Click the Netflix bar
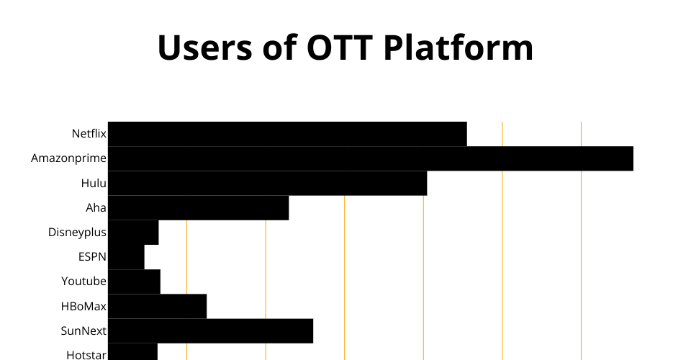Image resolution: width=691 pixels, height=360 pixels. click(x=287, y=134)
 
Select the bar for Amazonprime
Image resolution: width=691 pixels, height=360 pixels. click(x=371, y=158)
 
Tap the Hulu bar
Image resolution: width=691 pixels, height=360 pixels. click(x=268, y=184)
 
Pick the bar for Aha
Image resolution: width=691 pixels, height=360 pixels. click(x=199, y=208)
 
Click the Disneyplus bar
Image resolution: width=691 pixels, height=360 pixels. click(x=133, y=233)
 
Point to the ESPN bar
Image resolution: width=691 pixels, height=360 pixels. click(x=126, y=257)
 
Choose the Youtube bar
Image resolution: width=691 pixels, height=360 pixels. click(x=134, y=282)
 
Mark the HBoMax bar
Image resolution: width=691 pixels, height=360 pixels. click(x=158, y=307)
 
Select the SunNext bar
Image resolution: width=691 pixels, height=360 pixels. click(x=211, y=331)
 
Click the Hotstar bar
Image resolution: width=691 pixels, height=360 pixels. click(x=132, y=352)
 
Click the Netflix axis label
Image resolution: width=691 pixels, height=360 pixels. click(x=89, y=133)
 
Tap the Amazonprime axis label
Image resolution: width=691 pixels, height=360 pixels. click(x=69, y=158)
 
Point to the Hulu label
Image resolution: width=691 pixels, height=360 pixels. click(x=94, y=183)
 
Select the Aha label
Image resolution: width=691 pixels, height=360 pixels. click(x=96, y=207)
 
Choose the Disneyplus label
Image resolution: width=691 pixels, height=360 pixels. click(x=77, y=233)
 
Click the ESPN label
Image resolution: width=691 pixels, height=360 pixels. click(x=93, y=257)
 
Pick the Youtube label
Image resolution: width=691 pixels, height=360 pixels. click(x=83, y=281)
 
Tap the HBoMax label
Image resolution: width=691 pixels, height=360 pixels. click(x=83, y=306)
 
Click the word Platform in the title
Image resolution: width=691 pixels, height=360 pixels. click(x=459, y=47)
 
